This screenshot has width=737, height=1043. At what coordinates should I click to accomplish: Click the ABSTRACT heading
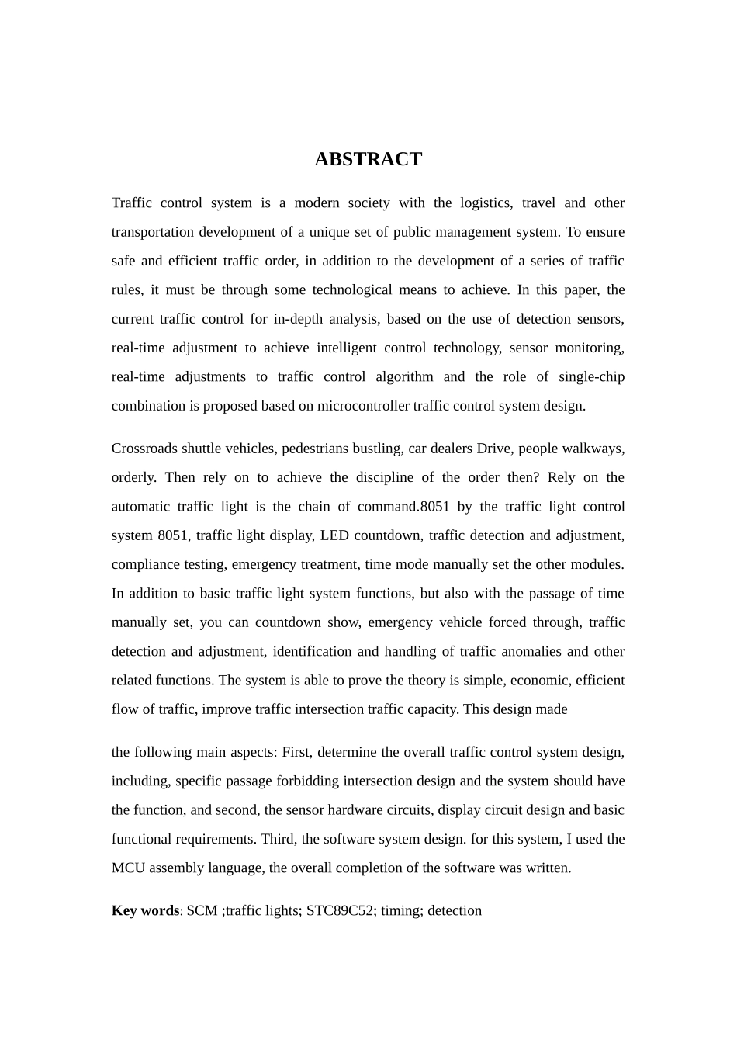tap(368, 159)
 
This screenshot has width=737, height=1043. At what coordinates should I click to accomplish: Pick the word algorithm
tap(404, 377)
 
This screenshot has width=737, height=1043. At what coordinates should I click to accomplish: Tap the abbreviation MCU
tap(128, 868)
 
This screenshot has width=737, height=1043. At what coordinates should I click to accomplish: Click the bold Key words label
tap(145, 910)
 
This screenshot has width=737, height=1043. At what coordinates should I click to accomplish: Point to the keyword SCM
tap(202, 910)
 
